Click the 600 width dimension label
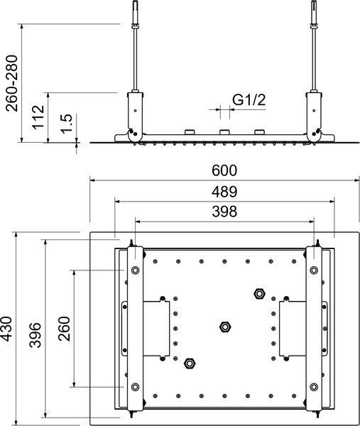coord(224,171)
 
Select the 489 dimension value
coord(224,192)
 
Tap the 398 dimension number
coord(224,212)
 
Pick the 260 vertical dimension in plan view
coord(63,329)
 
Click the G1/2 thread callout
coord(250,101)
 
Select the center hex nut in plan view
coord(224,327)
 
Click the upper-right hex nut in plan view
coord(259,293)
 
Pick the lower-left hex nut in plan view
coord(190,363)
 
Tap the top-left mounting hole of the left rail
coord(134,270)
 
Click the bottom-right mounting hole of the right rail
coord(314,387)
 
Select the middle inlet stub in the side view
coord(224,133)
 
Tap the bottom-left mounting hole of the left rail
coord(134,387)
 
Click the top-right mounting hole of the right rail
coord(314,270)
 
